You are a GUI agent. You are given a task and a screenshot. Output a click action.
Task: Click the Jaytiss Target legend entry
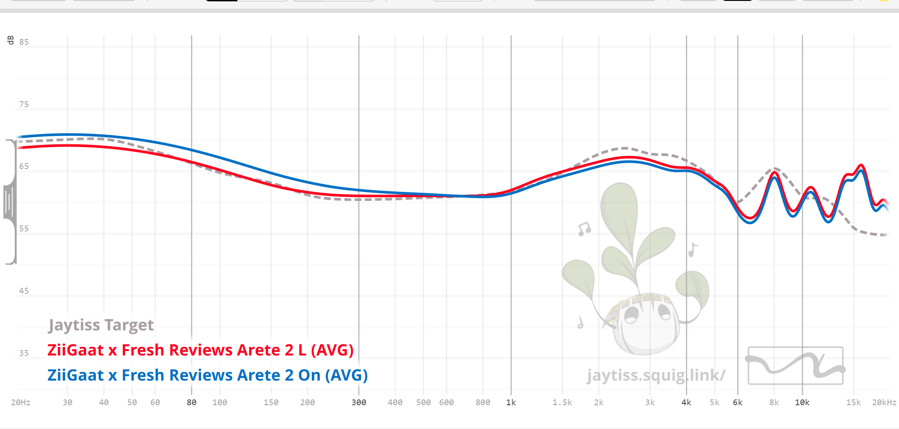(101, 325)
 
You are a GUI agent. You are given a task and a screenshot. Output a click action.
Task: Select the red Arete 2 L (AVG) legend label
(200, 350)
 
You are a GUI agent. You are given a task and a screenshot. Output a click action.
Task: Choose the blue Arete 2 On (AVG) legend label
(207, 375)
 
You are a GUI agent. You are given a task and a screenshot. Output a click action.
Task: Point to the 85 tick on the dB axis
(24, 42)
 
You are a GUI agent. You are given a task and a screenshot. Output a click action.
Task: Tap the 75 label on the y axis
(24, 104)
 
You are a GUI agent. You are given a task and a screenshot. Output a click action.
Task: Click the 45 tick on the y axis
(24, 291)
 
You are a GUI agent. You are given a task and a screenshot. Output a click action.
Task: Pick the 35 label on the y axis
(24, 353)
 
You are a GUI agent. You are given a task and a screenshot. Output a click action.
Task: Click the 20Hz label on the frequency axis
(21, 403)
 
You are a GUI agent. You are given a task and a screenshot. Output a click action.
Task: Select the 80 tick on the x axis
(192, 403)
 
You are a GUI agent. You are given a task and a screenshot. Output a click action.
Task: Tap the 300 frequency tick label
(359, 403)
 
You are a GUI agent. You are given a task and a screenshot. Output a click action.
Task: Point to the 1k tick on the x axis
(511, 403)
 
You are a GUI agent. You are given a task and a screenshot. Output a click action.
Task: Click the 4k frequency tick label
(686, 403)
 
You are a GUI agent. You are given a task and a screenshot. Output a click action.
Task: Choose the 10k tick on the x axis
(802, 403)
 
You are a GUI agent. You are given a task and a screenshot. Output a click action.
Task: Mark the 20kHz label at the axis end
(884, 403)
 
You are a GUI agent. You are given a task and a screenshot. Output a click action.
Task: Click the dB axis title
(11, 40)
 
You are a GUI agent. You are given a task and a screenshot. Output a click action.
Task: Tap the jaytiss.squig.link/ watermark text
(656, 375)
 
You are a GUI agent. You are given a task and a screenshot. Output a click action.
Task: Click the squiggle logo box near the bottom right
(796, 365)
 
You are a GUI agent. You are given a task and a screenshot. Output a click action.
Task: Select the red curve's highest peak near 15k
(861, 165)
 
